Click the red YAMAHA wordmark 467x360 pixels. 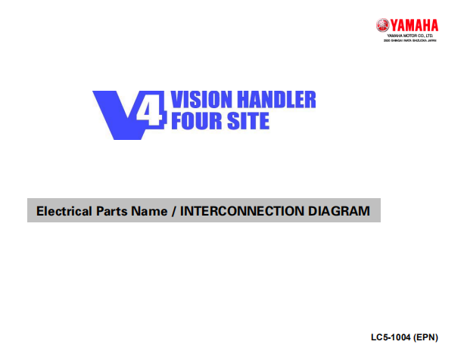pos(414,25)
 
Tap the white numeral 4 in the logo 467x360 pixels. pos(150,113)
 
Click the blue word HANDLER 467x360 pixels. pos(280,99)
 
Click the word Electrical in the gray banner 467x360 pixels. pos(64,211)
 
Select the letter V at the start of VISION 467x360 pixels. pos(179,99)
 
